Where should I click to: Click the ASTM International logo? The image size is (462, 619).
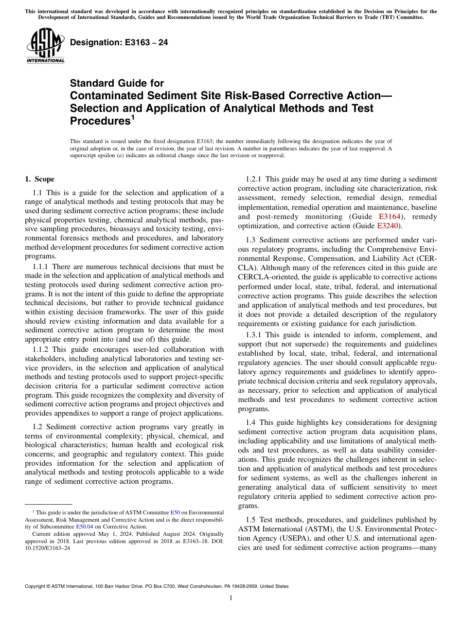pyautogui.click(x=45, y=47)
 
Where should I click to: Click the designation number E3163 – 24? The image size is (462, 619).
pyautogui.click(x=119, y=42)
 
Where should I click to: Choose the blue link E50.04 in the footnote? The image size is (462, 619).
pyautogui.click(x=84, y=526)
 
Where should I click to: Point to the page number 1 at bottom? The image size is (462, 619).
pyautogui.click(x=231, y=598)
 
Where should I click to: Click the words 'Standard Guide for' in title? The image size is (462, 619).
pyautogui.click(x=117, y=83)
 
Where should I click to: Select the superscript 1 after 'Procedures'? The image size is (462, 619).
pyautogui.click(x=132, y=118)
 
